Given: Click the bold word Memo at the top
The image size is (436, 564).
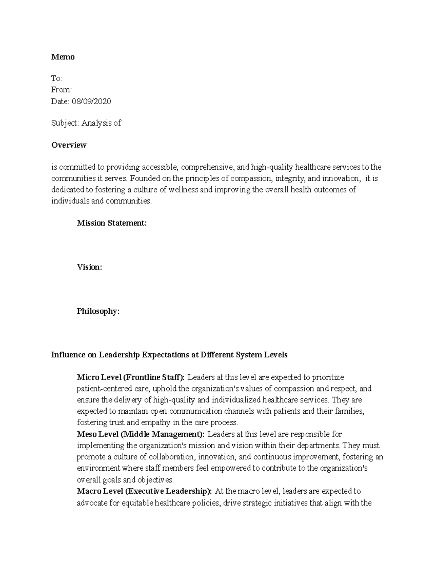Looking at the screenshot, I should pos(63,57).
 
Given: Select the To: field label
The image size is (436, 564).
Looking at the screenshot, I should pos(57,79).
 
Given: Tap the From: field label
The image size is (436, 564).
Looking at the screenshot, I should pos(61,90).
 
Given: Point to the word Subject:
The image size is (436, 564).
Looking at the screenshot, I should pos(65,123).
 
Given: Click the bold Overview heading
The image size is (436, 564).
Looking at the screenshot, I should pos(69,145).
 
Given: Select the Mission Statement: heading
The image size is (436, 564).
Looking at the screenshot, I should pos(112,223).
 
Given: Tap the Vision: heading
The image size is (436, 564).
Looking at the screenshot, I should pos(89,267).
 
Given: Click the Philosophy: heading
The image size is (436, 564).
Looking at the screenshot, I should pos(98,312).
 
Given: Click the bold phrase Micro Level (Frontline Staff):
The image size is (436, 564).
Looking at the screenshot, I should pos(131,378).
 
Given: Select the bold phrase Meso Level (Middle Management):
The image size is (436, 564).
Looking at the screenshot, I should pos(141,434).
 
